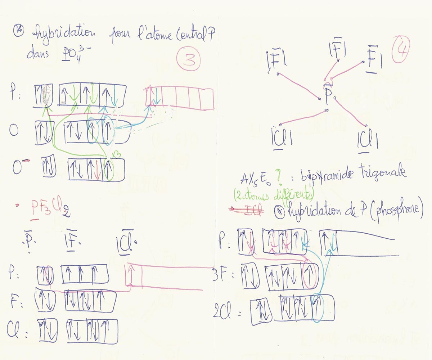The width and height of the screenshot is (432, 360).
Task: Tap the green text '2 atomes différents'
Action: click(274, 197)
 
